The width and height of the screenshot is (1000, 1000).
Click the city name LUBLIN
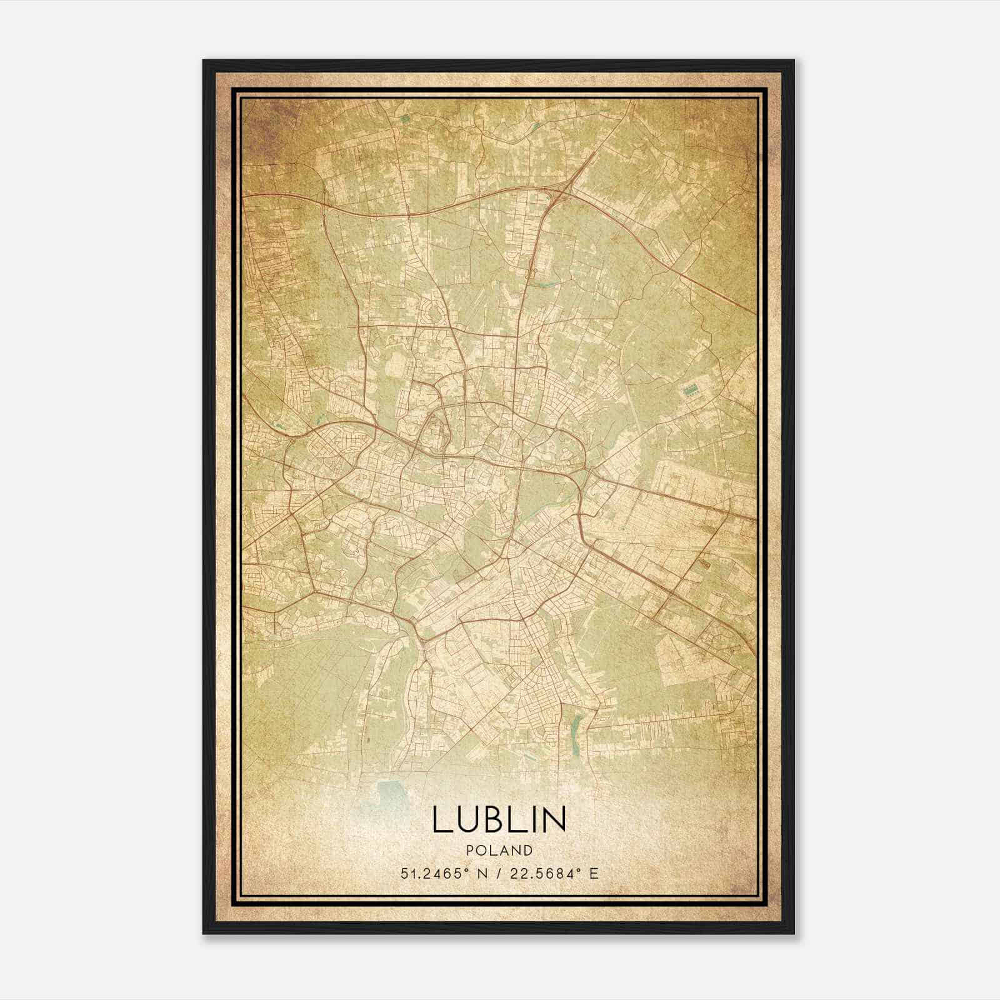[499, 819]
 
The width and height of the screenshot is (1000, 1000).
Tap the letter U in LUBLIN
[466, 819]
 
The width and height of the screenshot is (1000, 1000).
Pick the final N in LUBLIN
[554, 819]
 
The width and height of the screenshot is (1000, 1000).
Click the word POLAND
[499, 851]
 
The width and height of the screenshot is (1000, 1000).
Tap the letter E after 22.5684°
[594, 873]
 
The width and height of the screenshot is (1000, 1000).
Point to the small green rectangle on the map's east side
[691, 391]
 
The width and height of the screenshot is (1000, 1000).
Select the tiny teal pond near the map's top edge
[405, 117]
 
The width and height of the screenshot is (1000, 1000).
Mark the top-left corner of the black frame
[204, 61]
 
